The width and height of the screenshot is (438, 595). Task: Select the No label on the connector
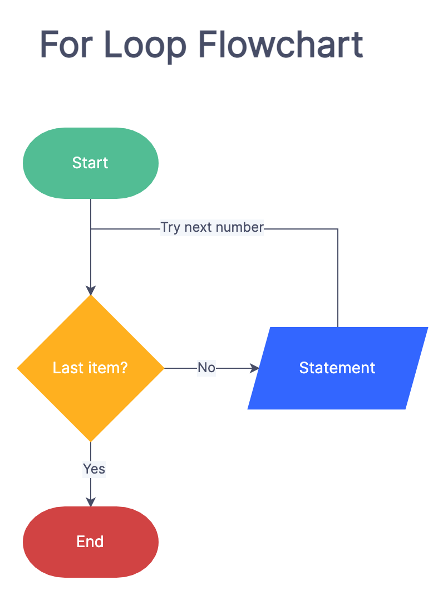coord(206,368)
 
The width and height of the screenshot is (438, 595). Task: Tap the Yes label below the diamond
coord(93,469)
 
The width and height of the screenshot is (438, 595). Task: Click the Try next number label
coord(211,227)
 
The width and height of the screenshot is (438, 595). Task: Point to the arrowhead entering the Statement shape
coord(255,368)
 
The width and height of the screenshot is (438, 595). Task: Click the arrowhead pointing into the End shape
coord(90,502)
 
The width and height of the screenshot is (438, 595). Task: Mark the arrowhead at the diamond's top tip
coord(90,290)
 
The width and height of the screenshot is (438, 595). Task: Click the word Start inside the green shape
coord(90,163)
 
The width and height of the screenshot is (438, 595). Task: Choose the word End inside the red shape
coord(90,542)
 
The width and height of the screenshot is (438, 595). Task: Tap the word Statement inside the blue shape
coord(337,368)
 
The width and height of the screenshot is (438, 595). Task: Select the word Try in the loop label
coord(170,227)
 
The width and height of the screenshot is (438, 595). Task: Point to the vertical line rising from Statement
coord(338,279)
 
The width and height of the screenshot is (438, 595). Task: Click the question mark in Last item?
coord(124,368)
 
